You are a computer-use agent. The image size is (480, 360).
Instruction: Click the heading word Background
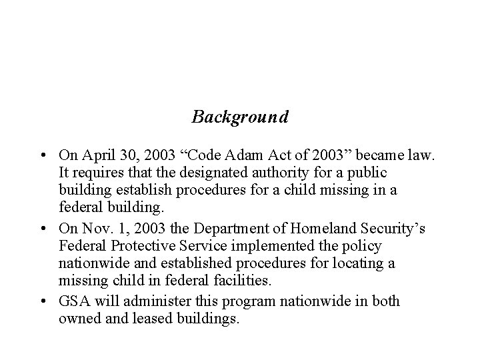point(240,117)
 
